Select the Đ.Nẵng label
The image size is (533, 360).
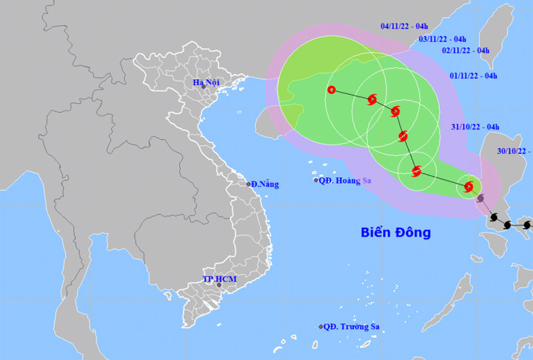pyautogui.click(x=264, y=184)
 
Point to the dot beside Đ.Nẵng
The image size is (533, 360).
pyautogui.click(x=249, y=183)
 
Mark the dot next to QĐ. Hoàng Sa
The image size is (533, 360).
pyautogui.click(x=316, y=180)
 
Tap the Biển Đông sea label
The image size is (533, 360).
pyautogui.click(x=395, y=233)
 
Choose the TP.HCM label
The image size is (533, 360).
pyautogui.click(x=218, y=279)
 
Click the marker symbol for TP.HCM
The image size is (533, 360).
pyautogui.click(x=219, y=284)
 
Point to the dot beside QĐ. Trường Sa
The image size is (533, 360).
pyautogui.click(x=321, y=327)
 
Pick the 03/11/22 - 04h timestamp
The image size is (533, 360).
pyautogui.click(x=442, y=39)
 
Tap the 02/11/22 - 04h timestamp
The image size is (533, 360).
pyautogui.click(x=466, y=50)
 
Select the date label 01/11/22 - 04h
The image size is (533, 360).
pyautogui.click(x=474, y=76)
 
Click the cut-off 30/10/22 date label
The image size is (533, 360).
pyautogui.click(x=514, y=151)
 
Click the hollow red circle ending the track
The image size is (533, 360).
pyautogui.click(x=331, y=90)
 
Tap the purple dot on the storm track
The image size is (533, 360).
pyautogui.click(x=481, y=199)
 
